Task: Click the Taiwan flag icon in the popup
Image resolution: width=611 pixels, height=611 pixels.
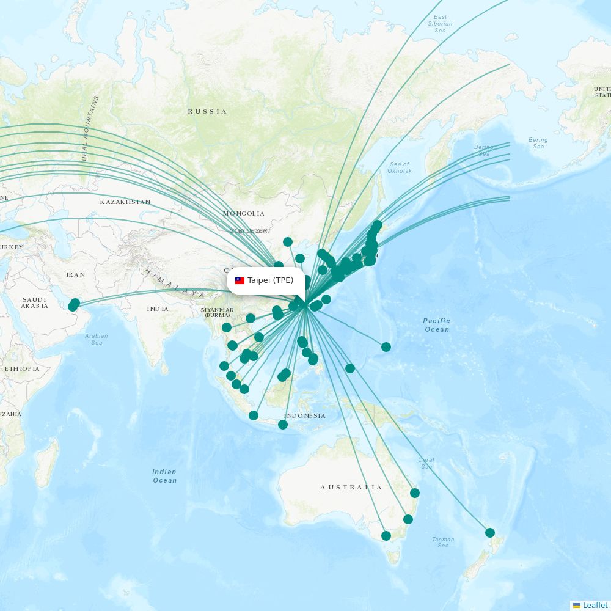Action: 240,281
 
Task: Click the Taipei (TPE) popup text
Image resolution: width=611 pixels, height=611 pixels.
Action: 270,280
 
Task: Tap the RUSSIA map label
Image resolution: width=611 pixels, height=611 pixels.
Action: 207,111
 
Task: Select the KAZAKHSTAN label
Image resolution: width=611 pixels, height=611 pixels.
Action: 125,202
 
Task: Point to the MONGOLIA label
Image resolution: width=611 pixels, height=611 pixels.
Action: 244,213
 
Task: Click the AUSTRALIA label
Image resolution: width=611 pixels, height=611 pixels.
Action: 351,487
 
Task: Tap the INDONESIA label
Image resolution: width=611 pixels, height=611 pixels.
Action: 305,415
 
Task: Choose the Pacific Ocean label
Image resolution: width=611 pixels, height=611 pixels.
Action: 436,325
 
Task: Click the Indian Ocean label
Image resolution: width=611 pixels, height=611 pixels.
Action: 164,476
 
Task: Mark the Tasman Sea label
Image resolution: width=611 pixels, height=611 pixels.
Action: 443,542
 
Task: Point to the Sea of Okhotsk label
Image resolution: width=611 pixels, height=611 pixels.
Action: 400,167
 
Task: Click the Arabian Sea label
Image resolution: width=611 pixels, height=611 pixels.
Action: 97,339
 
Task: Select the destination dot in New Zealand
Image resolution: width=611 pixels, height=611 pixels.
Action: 489,533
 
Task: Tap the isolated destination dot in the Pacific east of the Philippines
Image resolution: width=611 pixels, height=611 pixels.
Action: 386,347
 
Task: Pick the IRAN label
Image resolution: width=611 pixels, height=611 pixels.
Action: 76,274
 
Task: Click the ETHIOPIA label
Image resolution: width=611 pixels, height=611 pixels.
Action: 22,368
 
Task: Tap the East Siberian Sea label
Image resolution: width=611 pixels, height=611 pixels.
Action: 440,24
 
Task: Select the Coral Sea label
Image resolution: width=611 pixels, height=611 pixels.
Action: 426,463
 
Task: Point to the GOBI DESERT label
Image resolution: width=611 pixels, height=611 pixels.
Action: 250,230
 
